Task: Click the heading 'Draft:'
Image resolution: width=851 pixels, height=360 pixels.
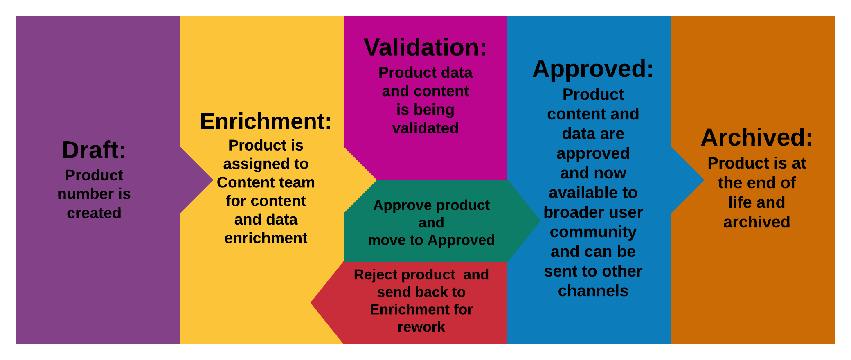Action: [x=94, y=150]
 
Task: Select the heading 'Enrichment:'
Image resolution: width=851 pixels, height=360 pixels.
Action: [x=266, y=121]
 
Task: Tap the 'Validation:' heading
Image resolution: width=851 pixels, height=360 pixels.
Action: [x=425, y=47]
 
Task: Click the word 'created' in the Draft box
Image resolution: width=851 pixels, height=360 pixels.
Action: [x=94, y=213]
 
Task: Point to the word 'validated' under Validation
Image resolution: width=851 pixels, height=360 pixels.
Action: [x=425, y=128]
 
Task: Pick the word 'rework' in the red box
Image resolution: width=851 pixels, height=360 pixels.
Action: [x=421, y=327]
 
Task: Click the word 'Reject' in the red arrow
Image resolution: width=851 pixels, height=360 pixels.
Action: [x=376, y=275]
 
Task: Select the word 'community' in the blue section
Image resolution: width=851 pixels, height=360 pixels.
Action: [x=593, y=232]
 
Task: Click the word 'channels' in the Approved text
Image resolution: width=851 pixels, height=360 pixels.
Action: [x=593, y=291]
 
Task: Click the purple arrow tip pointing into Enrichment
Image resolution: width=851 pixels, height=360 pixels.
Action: [x=213, y=180]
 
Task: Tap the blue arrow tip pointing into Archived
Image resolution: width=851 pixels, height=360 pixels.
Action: [x=704, y=180]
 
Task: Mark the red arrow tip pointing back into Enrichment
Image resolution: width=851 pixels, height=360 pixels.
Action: [x=311, y=303]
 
